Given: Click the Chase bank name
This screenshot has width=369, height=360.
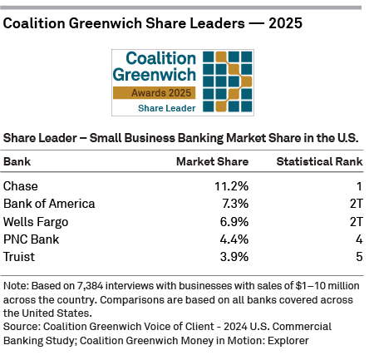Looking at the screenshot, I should [21, 186].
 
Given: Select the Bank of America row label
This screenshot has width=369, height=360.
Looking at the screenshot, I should [49, 204].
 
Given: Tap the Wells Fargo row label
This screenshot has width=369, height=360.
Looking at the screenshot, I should [36, 222].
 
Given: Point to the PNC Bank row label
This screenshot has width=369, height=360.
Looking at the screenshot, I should [31, 239].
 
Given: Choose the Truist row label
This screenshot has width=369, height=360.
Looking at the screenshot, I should [19, 258].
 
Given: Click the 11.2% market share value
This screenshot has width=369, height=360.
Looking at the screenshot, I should [231, 186].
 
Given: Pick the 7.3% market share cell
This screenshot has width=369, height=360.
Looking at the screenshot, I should [235, 204].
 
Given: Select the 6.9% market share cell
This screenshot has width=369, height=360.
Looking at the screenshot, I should [234, 222].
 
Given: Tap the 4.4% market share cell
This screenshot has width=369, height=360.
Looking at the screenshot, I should [234, 239].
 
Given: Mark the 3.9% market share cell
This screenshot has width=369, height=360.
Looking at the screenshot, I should [234, 258].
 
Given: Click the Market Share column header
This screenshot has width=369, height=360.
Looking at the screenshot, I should [212, 161].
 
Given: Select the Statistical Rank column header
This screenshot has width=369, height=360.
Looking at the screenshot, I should [319, 161].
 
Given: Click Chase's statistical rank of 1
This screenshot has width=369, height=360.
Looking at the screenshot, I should [359, 186].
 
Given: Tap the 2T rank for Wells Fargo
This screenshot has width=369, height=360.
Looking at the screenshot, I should [356, 222].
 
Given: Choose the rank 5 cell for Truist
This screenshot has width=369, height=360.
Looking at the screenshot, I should [359, 258].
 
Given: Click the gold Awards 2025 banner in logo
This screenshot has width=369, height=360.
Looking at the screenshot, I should [155, 93].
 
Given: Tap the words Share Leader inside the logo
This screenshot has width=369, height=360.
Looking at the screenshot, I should [166, 108].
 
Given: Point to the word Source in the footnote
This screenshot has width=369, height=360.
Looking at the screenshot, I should [21, 327].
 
